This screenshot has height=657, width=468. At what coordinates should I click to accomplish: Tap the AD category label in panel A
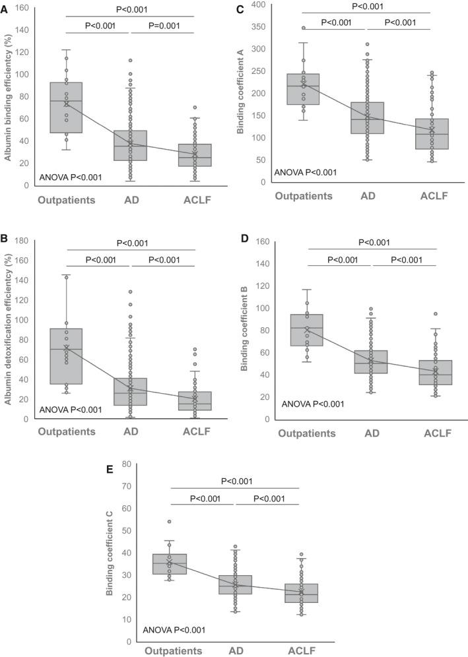(131, 199)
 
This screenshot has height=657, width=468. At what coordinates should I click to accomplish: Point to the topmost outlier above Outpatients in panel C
(304, 28)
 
